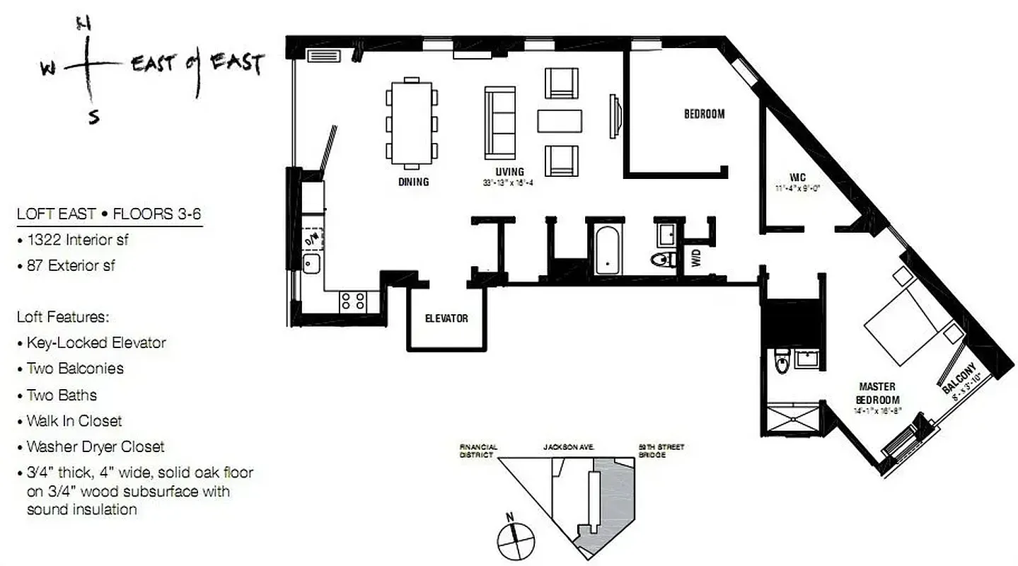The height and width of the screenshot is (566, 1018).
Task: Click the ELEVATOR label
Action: [x=446, y=318]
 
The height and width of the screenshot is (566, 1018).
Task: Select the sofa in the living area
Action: [x=500, y=122]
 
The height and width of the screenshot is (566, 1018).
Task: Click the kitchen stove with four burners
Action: [x=353, y=301]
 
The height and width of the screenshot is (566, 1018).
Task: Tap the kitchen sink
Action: [x=311, y=265]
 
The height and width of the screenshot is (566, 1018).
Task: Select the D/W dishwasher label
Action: [x=311, y=238]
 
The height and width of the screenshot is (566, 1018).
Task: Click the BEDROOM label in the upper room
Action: [x=704, y=114]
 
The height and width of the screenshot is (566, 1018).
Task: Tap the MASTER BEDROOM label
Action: [x=877, y=393]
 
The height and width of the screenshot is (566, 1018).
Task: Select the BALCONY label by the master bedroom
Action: [x=960, y=378]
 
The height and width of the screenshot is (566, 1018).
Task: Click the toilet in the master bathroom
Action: [x=781, y=362]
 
